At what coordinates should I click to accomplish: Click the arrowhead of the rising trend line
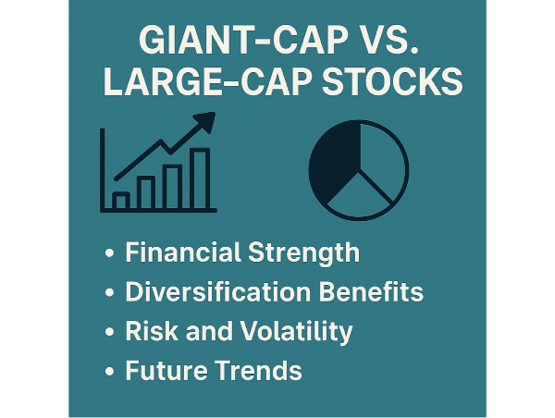pyautogui.click(x=204, y=122)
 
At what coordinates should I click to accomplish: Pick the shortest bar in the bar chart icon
pyautogui.click(x=121, y=201)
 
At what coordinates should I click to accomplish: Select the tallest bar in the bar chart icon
pyautogui.click(x=200, y=178)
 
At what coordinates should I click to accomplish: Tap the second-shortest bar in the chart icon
pyautogui.click(x=146, y=192)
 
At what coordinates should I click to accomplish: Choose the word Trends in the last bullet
pyautogui.click(x=260, y=372)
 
